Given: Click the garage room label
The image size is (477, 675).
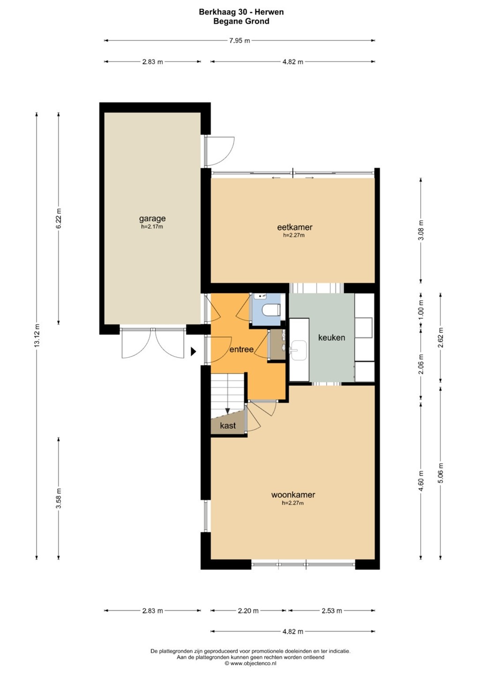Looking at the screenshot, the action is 152,218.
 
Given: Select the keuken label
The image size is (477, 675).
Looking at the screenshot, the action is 332,337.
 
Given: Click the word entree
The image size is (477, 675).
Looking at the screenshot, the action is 241,349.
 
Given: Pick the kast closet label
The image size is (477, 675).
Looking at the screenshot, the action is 228,426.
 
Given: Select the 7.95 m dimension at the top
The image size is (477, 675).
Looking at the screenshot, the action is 239,41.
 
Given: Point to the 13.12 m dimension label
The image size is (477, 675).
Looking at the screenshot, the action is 37,336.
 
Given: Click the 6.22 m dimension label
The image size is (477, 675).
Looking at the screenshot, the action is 59,218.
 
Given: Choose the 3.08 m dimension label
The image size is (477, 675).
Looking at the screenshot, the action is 421,230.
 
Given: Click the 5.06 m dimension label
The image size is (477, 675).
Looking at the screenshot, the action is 440,473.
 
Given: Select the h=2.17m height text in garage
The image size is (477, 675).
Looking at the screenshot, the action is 152,226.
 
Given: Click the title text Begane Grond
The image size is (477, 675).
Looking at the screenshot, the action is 241,21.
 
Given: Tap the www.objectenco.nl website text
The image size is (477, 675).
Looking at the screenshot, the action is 251,663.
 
